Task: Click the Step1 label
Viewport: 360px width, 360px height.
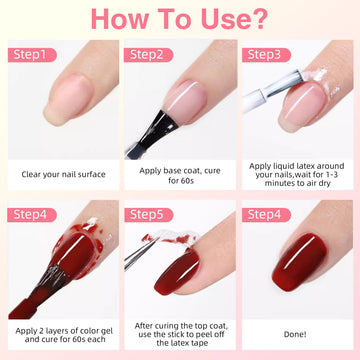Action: [x=32, y=55]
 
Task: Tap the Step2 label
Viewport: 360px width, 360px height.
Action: [x=149, y=55]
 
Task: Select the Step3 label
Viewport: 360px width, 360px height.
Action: [x=266, y=55]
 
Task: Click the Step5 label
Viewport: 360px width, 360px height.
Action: [x=149, y=215]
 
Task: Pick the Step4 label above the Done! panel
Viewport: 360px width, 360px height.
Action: [x=266, y=215]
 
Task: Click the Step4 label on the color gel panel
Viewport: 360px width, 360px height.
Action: [x=32, y=215]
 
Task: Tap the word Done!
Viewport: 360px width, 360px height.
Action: [x=295, y=334]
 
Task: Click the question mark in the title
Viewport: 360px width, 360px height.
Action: [x=259, y=19]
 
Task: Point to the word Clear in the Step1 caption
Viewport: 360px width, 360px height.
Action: [x=31, y=174]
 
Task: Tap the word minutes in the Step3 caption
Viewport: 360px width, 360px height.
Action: [x=278, y=183]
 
